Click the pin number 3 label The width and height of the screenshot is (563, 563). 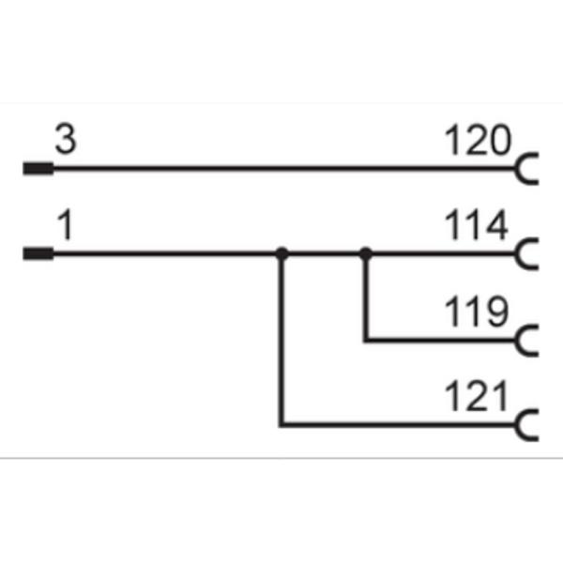pyautogui.click(x=66, y=139)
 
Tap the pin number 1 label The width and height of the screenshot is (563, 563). pyautogui.click(x=66, y=225)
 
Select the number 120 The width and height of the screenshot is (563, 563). pyautogui.click(x=478, y=140)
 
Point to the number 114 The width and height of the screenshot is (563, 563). pyautogui.click(x=476, y=225)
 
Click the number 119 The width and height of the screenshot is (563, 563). pyautogui.click(x=477, y=312)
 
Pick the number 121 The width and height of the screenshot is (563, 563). pyautogui.click(x=476, y=396)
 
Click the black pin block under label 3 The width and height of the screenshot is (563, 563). pyautogui.click(x=38, y=168)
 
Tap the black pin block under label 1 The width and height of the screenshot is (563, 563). pyautogui.click(x=38, y=254)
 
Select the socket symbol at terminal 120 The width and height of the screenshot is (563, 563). pyautogui.click(x=517, y=168)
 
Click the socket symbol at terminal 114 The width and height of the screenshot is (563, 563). pyautogui.click(x=517, y=254)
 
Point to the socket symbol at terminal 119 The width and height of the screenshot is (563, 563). pyautogui.click(x=517, y=340)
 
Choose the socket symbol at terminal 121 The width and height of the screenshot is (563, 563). pyautogui.click(x=517, y=425)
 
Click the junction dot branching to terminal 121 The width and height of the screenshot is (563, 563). pyautogui.click(x=281, y=254)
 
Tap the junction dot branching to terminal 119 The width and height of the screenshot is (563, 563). pyautogui.click(x=366, y=254)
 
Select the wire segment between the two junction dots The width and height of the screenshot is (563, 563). pyautogui.click(x=324, y=254)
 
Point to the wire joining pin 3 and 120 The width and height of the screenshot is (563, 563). pyautogui.click(x=283, y=168)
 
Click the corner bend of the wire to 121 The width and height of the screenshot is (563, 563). pyautogui.click(x=281, y=425)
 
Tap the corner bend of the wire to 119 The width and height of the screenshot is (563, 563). pyautogui.click(x=366, y=340)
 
